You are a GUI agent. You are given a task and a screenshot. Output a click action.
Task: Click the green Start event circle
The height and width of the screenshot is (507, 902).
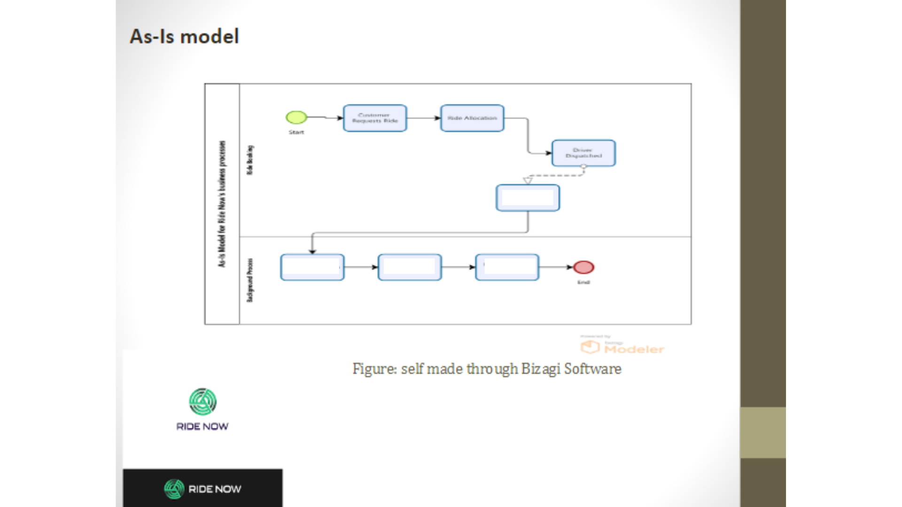tap(296, 117)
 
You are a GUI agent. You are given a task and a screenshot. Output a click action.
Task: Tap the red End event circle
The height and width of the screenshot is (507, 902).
tap(583, 267)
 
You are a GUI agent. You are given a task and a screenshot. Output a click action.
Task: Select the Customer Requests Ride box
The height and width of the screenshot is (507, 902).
tap(375, 118)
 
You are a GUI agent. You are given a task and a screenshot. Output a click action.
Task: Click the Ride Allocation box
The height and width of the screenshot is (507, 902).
tap(472, 118)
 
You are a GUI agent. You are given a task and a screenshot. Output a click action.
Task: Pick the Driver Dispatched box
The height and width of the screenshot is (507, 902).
tap(583, 153)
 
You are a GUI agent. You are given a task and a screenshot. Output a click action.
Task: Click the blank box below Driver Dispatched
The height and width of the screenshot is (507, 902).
tap(528, 198)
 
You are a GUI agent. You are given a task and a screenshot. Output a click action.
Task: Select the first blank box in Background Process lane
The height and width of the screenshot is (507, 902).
tap(312, 267)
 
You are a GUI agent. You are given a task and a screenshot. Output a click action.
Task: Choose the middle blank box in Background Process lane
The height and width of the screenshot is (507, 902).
tap(410, 267)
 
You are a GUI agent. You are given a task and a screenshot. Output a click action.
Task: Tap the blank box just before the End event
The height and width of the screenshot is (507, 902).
tap(507, 267)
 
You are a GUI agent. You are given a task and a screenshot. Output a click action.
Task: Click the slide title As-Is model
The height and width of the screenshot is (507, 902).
tap(184, 37)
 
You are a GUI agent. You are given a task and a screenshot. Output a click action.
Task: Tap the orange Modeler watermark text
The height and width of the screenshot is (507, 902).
tap(634, 349)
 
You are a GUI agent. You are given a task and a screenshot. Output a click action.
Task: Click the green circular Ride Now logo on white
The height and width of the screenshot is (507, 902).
tap(202, 402)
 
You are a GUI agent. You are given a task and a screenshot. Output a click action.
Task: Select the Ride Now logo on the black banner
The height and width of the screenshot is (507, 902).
tap(202, 489)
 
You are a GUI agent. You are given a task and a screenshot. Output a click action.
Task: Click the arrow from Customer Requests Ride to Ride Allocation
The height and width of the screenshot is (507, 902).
tap(423, 118)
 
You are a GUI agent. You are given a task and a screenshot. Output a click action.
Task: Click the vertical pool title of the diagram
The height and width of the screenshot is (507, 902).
tap(222, 204)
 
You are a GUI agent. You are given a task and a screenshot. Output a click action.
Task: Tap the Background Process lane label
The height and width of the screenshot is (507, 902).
tap(250, 280)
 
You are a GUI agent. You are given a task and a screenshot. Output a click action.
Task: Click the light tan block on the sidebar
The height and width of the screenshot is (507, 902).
tap(762, 432)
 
